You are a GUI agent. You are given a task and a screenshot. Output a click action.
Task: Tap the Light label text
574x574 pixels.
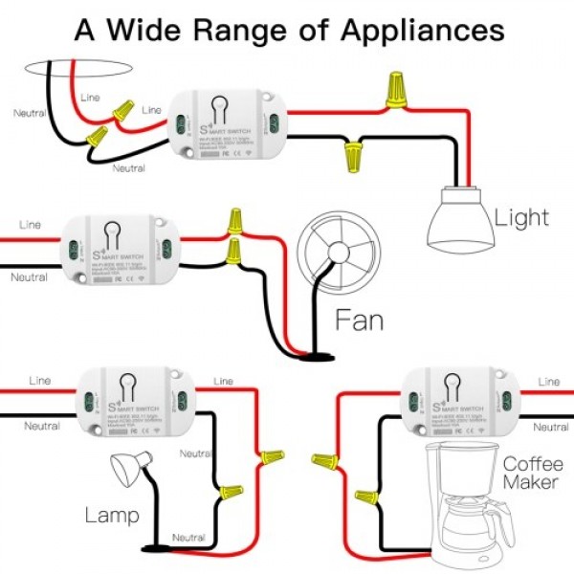522,217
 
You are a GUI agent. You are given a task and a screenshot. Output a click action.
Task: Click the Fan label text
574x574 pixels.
359,320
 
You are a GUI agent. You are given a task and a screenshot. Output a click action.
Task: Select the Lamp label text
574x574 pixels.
112,516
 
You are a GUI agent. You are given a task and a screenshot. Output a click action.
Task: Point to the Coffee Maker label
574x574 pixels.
530,474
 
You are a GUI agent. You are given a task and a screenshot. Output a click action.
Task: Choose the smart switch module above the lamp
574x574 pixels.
133,398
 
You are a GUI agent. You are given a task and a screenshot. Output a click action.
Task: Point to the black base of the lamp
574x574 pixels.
155,547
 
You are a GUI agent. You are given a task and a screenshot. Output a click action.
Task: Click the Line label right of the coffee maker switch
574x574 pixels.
549,382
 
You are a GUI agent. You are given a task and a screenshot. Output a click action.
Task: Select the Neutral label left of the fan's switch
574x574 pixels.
29,277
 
